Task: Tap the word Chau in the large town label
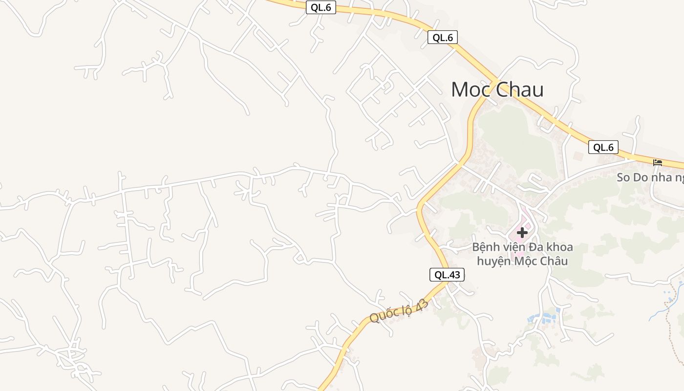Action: [519, 90]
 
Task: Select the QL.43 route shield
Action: [447, 275]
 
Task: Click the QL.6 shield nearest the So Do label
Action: [603, 147]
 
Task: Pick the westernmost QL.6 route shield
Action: [321, 7]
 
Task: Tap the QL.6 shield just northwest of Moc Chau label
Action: [442, 37]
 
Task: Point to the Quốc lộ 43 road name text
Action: [399, 311]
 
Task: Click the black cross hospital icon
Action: [522, 233]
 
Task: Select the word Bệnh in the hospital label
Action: [486, 247]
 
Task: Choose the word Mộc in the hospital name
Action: [526, 261]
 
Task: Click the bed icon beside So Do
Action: [658, 163]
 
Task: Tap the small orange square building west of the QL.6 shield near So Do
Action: [578, 156]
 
